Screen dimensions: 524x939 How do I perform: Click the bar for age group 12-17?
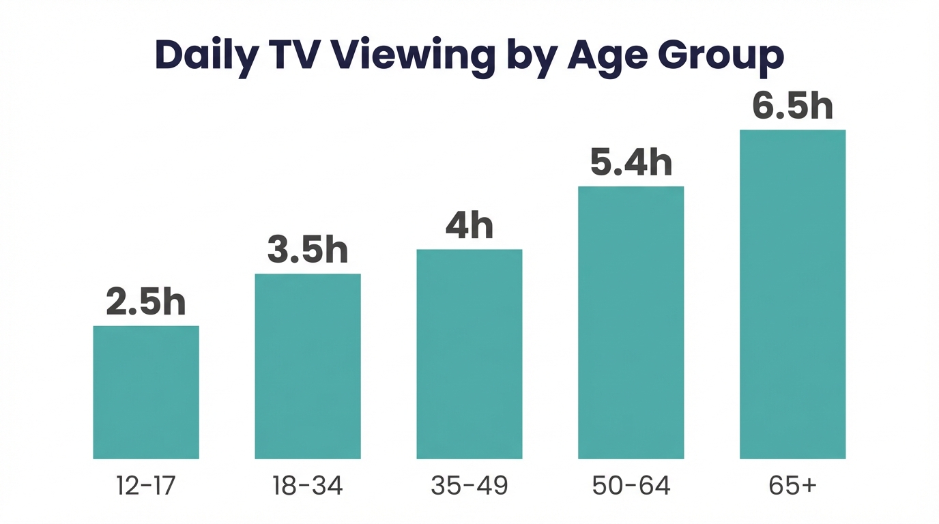(146, 392)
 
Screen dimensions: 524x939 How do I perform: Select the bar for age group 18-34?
(308, 366)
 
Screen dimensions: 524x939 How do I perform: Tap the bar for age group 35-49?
(470, 354)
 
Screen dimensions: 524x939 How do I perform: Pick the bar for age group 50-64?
(631, 323)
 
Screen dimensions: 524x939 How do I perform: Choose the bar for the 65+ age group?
(793, 294)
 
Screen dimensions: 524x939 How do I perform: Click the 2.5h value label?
(146, 302)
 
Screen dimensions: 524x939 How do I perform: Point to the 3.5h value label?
(308, 250)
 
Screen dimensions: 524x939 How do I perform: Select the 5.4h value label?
(631, 163)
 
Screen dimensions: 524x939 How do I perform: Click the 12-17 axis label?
(146, 486)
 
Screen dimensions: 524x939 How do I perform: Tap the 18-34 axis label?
(308, 486)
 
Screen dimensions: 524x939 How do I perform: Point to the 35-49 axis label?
(470, 486)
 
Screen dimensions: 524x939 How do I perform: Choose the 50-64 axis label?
(631, 486)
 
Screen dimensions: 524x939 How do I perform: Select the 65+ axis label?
(792, 486)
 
